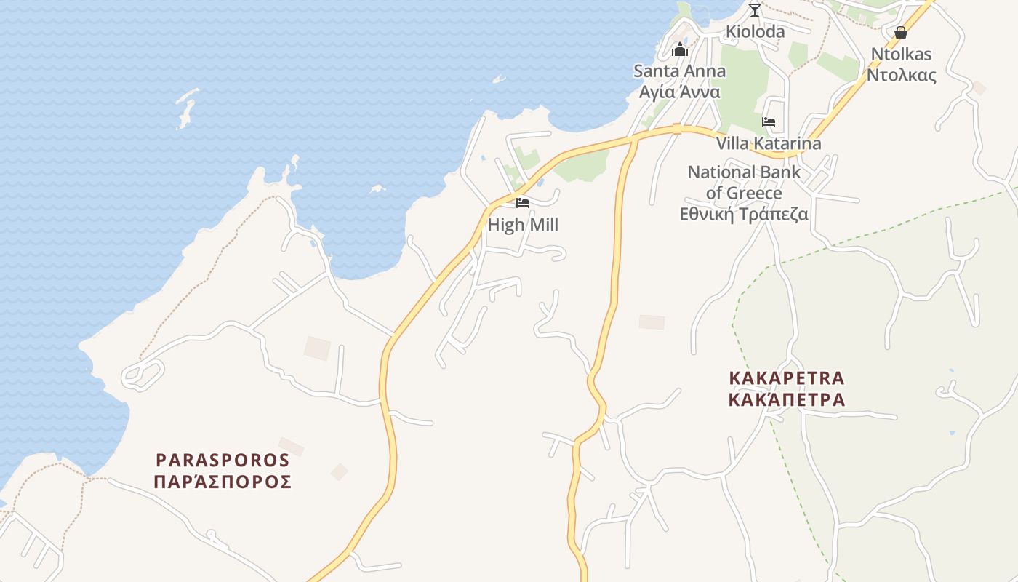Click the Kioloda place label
pyautogui.click(x=755, y=31)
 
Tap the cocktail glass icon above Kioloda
pyautogui.click(x=755, y=10)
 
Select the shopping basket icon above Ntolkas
pyautogui.click(x=900, y=33)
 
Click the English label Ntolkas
pyautogui.click(x=901, y=54)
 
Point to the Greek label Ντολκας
pyautogui.click(x=901, y=74)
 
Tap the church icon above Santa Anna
pyautogui.click(x=680, y=49)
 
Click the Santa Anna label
pyautogui.click(x=679, y=71)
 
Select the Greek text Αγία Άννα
pyautogui.click(x=679, y=92)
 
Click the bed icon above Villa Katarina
pyautogui.click(x=769, y=122)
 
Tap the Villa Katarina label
pyautogui.click(x=769, y=143)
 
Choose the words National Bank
pyautogui.click(x=744, y=172)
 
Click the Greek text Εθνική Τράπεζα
pyautogui.click(x=744, y=214)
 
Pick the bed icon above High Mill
pyautogui.click(x=523, y=203)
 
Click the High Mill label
pyautogui.click(x=523, y=225)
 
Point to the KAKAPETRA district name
pyautogui.click(x=787, y=378)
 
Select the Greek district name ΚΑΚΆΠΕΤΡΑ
pyautogui.click(x=787, y=399)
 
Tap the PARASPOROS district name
pyautogui.click(x=223, y=460)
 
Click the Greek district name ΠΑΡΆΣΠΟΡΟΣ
pyautogui.click(x=223, y=481)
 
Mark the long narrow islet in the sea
pyautogui.click(x=186, y=108)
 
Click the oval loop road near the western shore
pyautogui.click(x=144, y=373)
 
